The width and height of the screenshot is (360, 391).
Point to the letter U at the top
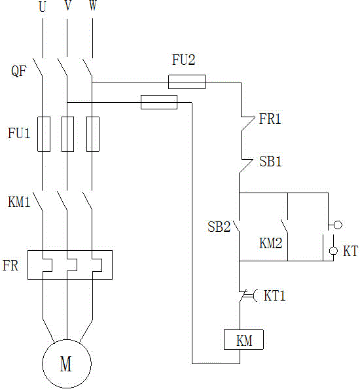coord(43,7)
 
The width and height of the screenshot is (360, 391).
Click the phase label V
coord(67,5)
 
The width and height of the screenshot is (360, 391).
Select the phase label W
coord(93,5)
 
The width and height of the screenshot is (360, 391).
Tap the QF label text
coord(19,71)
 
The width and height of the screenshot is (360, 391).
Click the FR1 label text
coord(270,119)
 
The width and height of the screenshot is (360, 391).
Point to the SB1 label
coord(270,161)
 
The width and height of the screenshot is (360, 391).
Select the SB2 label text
coord(219,227)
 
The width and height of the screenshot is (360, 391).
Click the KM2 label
coord(271,243)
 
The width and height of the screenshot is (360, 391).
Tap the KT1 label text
coord(274,296)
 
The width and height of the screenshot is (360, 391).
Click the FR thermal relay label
coord(10,265)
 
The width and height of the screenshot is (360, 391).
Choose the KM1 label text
coord(19,202)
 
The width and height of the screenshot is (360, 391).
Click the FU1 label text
coord(19,133)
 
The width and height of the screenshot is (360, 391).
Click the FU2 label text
coord(184,60)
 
